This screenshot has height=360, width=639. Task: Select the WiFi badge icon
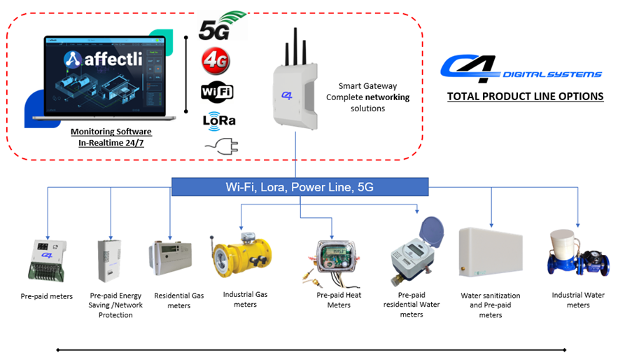click(217, 92)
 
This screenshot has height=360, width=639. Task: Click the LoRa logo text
click(218, 120)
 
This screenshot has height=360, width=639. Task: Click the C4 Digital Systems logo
click(521, 67)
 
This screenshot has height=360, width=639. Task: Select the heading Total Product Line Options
click(525, 96)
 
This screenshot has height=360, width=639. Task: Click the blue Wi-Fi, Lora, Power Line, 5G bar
click(300, 187)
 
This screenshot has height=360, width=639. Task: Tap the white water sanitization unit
click(491, 255)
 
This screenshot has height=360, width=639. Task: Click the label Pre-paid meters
click(47, 296)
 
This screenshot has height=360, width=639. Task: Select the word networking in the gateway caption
click(384, 97)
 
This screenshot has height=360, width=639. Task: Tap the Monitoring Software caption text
click(111, 132)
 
